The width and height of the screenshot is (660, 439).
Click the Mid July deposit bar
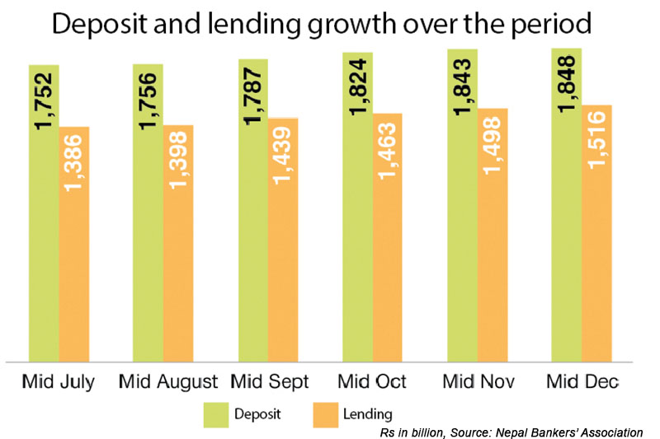44,247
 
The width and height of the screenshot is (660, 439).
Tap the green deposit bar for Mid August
148,247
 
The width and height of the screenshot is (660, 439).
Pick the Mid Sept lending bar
283,264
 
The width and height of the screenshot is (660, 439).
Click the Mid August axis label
168,382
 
